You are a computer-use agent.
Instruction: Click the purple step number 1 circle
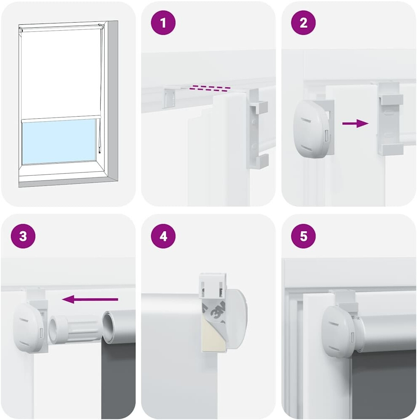[163, 23]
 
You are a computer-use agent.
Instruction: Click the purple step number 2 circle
[303, 23]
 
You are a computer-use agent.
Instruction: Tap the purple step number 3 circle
[23, 236]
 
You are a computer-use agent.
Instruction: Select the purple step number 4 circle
[163, 236]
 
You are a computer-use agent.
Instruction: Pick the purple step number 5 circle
[303, 236]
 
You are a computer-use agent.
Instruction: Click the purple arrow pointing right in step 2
[355, 123]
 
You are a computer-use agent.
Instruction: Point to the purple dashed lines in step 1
[210, 88]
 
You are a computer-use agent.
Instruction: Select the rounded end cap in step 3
[28, 327]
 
